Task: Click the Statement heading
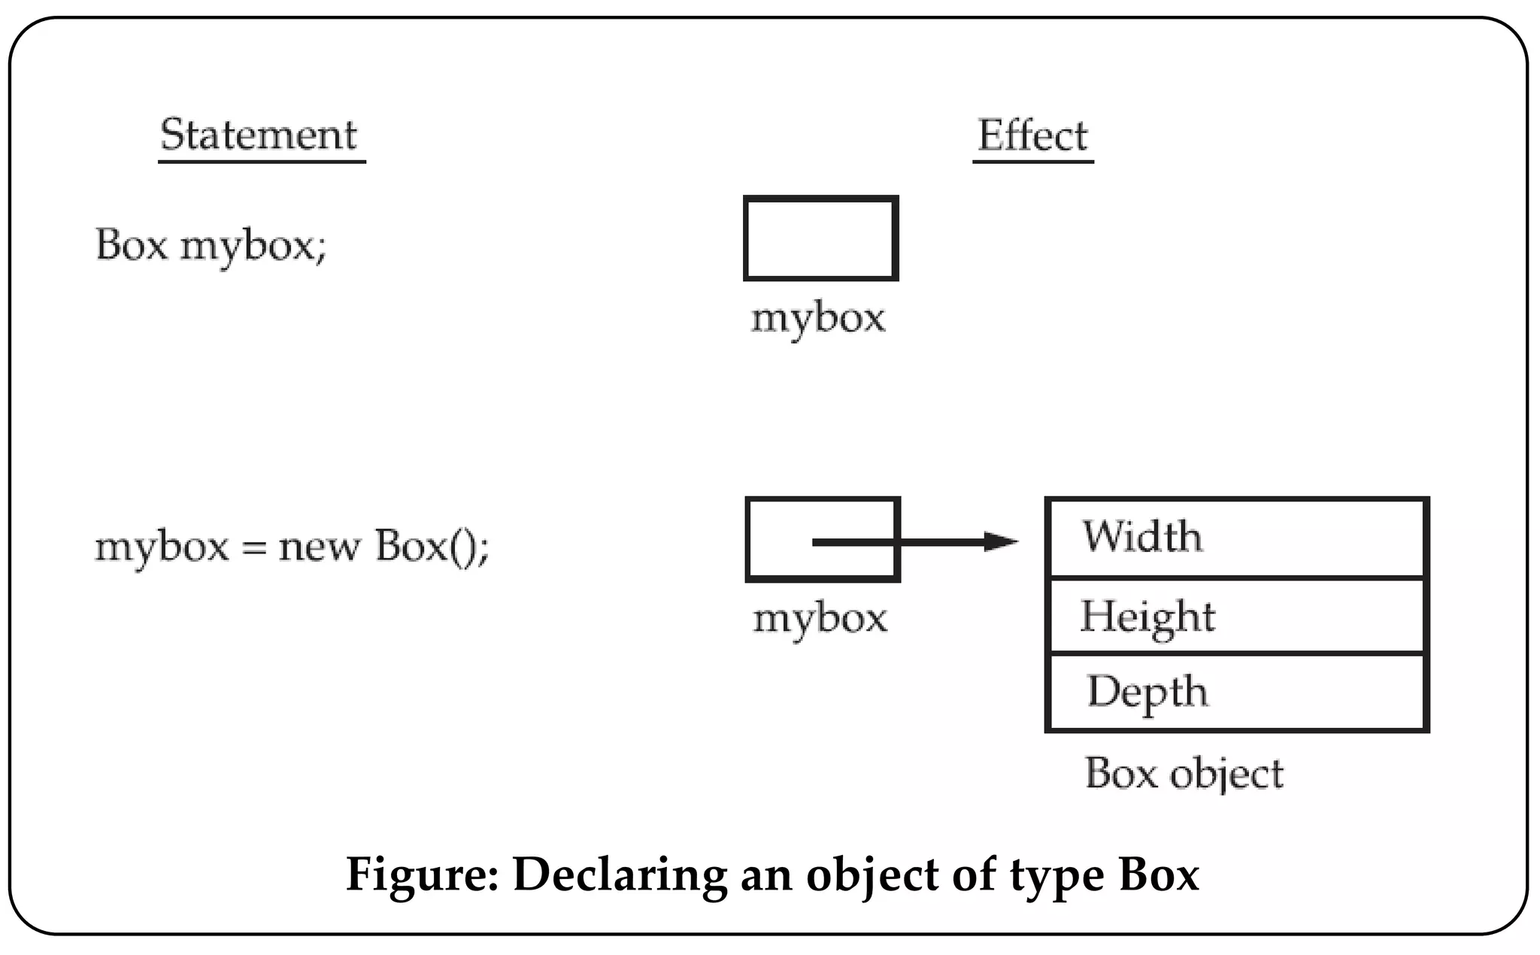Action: (x=259, y=136)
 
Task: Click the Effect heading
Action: (x=1032, y=136)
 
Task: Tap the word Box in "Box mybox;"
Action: (x=132, y=245)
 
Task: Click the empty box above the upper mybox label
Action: (x=820, y=238)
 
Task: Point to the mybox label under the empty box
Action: (x=818, y=318)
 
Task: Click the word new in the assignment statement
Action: (x=319, y=546)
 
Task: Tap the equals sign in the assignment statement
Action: (x=254, y=547)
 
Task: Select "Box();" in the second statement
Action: (x=432, y=546)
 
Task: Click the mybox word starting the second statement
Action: (x=162, y=547)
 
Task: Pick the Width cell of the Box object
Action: (x=1236, y=538)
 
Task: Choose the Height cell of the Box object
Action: (x=1236, y=617)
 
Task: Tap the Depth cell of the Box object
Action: (x=1236, y=693)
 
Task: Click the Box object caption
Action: (x=1184, y=774)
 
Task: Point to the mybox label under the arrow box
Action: (x=820, y=619)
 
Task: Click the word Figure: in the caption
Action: (x=423, y=875)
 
